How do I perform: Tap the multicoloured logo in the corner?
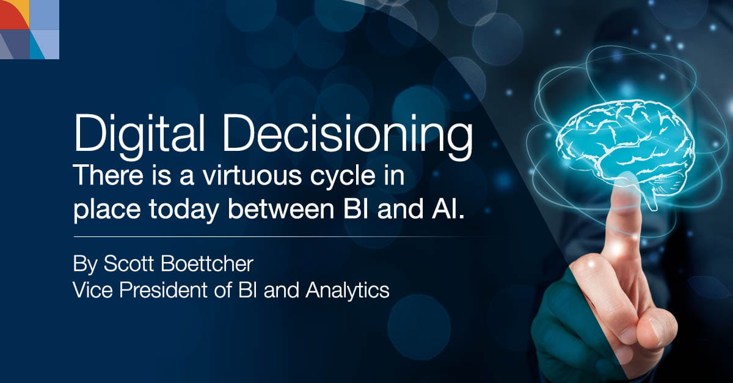(29, 29)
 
